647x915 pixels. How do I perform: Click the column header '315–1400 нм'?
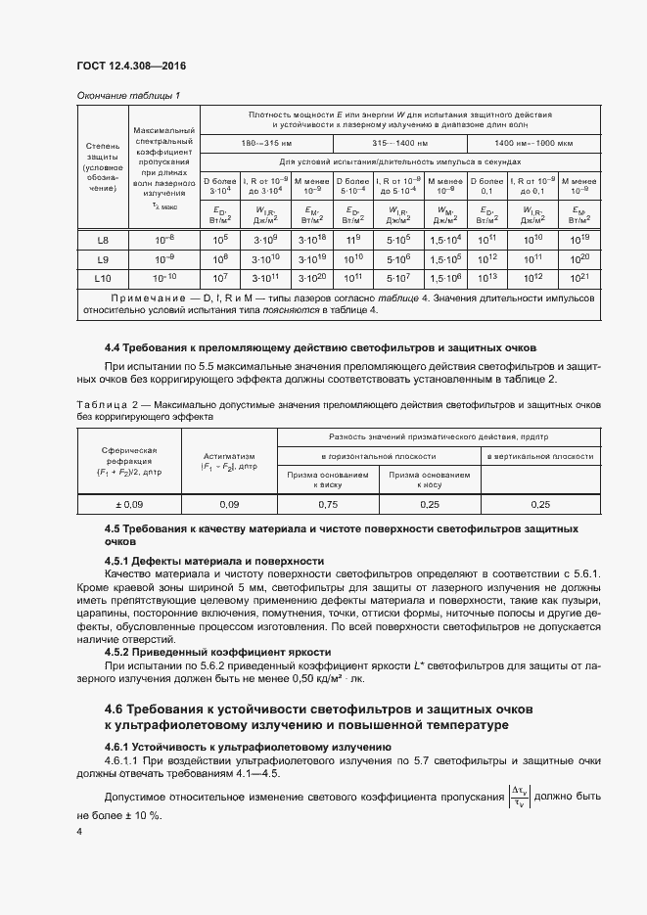coord(400,144)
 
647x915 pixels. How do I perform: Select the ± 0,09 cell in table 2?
coord(123,504)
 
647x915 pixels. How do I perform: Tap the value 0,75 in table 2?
coord(329,504)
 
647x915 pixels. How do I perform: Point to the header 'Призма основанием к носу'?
coord(429,479)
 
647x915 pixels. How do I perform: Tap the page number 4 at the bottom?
coord(79,831)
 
